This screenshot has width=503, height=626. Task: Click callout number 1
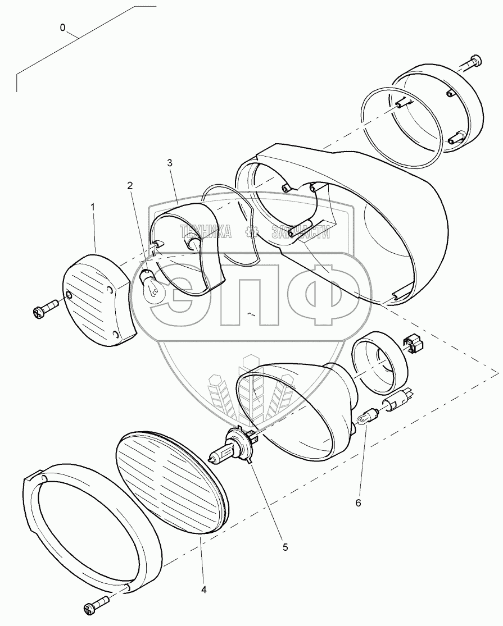click(x=93, y=207)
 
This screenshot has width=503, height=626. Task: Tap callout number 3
click(x=170, y=162)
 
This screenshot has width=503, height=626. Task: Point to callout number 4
click(x=204, y=590)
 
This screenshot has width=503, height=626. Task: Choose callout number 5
click(x=286, y=547)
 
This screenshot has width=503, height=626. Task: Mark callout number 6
click(x=358, y=502)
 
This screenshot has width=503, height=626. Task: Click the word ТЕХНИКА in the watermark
click(x=205, y=231)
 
